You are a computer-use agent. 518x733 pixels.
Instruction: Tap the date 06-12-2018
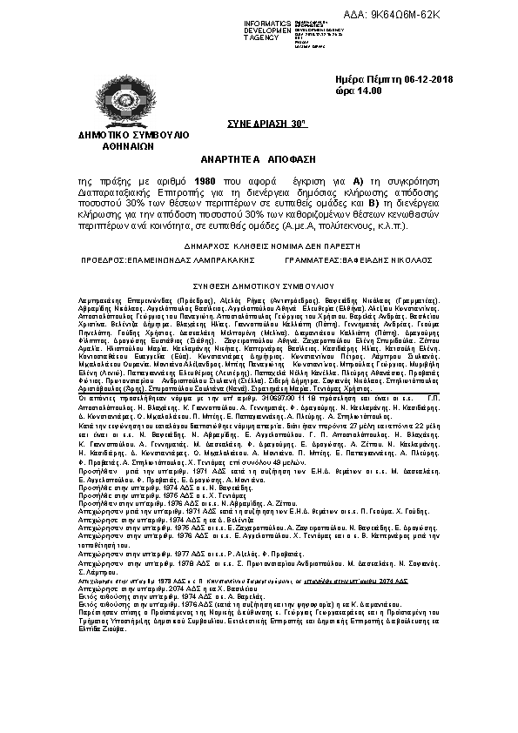tap(417, 78)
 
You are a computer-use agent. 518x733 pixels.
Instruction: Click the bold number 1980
tap(205, 180)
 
